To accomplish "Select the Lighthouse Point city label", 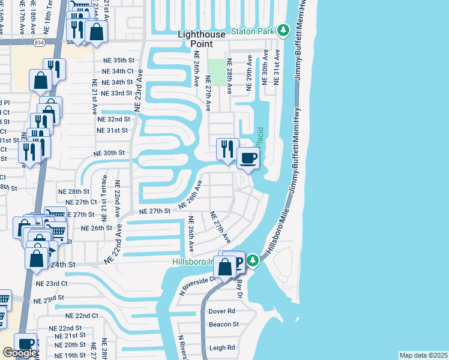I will pyautogui.click(x=202, y=39).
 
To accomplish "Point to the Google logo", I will pyautogui.click(x=20, y=353).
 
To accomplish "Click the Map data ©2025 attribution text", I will pyautogui.click(x=423, y=355).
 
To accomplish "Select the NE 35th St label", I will pyautogui.click(x=116, y=61).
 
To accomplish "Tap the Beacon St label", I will pyautogui.click(x=223, y=325).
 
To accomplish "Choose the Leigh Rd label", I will pyautogui.click(x=220, y=348).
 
